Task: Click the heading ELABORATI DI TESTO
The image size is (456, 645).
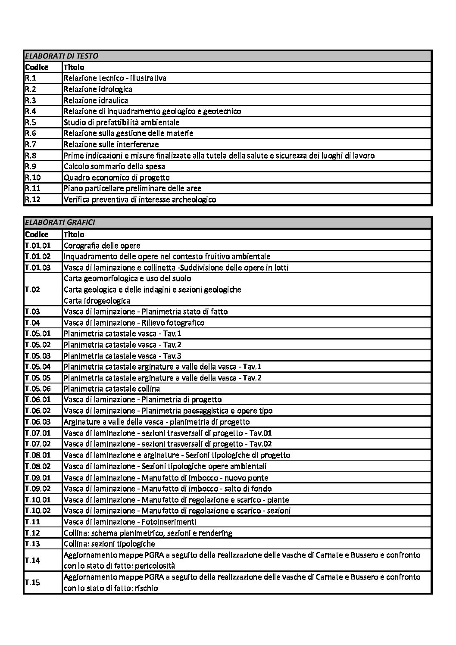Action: (62, 56)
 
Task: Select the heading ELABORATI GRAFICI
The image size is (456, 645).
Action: (60, 223)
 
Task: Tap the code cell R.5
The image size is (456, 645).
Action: (31, 122)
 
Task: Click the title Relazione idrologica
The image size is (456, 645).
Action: (98, 89)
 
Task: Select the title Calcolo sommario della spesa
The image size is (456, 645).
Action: (114, 166)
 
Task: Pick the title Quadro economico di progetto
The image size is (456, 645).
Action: (116, 178)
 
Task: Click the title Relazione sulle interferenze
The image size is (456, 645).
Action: (111, 144)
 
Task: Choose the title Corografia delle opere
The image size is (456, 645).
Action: (102, 246)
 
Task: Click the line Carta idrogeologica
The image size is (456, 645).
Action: (97, 301)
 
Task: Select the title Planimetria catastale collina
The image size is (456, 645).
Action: (112, 389)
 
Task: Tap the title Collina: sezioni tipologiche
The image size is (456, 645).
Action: (109, 544)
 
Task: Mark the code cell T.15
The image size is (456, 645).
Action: (32, 583)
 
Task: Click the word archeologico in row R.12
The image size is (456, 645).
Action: (191, 199)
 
